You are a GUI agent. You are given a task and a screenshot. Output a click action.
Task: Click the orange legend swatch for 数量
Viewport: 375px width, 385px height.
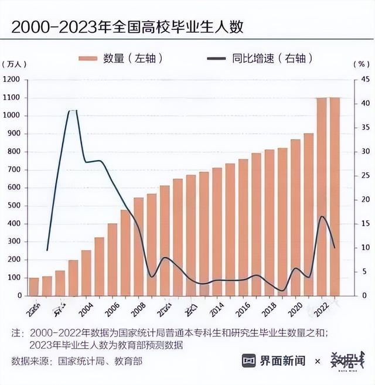click(x=88, y=58)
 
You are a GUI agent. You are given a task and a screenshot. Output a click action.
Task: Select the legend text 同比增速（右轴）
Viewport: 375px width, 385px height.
click(x=272, y=58)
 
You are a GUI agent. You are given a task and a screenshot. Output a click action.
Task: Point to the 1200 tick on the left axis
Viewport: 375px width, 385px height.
click(x=11, y=79)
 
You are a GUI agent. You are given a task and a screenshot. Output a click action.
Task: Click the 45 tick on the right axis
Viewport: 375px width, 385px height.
click(x=364, y=79)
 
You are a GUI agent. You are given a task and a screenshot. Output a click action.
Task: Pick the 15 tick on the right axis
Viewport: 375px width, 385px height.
click(x=364, y=223)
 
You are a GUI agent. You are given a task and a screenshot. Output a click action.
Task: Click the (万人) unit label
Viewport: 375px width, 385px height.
click(x=12, y=63)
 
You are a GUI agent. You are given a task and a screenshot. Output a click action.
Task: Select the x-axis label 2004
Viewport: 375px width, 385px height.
click(x=86, y=306)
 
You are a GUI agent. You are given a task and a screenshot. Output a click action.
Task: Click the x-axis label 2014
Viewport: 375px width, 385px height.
click(x=217, y=306)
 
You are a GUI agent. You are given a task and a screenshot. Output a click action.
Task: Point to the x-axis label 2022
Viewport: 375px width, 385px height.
click(x=322, y=306)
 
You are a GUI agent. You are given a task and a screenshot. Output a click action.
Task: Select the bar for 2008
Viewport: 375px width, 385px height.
click(x=139, y=246)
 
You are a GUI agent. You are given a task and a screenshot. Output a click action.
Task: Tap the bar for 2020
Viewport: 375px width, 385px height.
click(x=295, y=217)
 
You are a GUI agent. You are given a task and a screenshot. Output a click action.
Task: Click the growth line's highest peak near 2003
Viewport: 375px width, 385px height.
click(x=73, y=110)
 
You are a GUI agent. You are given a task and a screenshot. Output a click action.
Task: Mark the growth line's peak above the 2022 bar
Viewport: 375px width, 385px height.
click(x=322, y=217)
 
